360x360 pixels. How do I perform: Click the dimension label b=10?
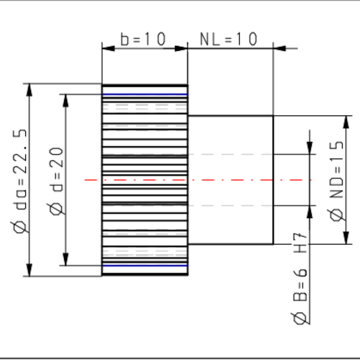coord(143,40)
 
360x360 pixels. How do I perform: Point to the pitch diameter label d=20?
coord(57,180)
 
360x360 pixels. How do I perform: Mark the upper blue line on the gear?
coord(144,94)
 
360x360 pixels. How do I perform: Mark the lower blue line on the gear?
coord(144,266)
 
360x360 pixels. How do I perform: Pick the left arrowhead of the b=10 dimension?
coord(107,48)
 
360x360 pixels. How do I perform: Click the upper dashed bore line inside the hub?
coord(230,154)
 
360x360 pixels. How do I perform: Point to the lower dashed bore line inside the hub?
coord(230,205)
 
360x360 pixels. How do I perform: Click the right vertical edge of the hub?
coord(273,180)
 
